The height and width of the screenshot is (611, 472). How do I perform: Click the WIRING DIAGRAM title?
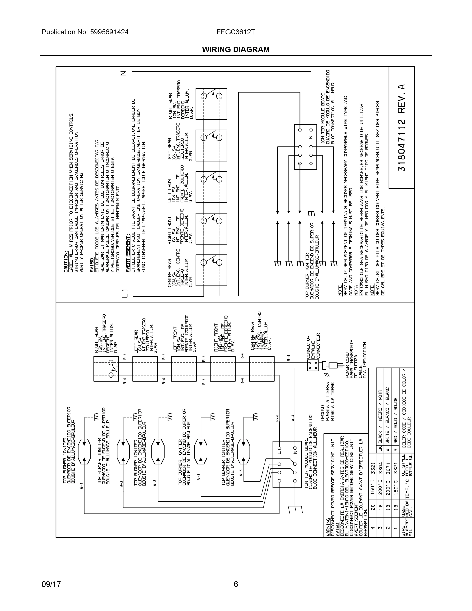pyautogui.click(x=236, y=50)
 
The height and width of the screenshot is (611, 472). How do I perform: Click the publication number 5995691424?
pyautogui.click(x=109, y=32)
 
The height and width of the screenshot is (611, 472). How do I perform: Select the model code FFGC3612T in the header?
pyautogui.click(x=235, y=32)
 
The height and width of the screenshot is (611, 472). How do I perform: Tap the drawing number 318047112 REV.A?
pyautogui.click(x=401, y=127)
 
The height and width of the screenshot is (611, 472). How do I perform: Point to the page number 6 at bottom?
pyautogui.click(x=236, y=584)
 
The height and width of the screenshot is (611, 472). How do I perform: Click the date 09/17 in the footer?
pyautogui.click(x=51, y=584)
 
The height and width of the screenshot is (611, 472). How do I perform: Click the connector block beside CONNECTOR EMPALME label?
pyautogui.click(x=313, y=365)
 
